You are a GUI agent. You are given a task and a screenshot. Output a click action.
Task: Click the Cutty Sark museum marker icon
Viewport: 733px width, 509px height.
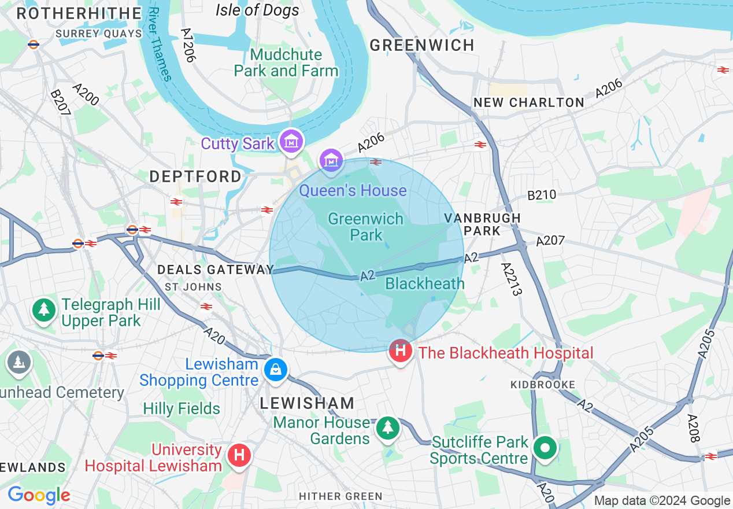tap(291, 141)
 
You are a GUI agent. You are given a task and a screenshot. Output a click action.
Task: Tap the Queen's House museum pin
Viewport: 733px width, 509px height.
tap(332, 160)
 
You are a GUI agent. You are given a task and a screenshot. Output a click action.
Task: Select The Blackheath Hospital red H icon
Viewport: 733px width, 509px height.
tap(400, 351)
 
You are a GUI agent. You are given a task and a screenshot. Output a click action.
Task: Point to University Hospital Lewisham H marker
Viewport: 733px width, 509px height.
tap(239, 455)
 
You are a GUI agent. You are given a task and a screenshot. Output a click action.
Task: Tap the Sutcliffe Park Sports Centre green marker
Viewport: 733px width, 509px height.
tap(545, 448)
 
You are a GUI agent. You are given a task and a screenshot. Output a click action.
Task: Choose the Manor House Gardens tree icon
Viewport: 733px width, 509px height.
tap(387, 429)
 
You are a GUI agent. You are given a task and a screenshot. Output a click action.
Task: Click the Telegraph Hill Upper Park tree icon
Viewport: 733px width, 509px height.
tap(44, 309)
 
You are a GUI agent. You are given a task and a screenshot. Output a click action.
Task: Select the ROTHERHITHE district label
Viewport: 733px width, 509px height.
tap(75, 13)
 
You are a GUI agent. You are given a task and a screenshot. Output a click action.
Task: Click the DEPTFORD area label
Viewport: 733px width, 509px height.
tap(195, 176)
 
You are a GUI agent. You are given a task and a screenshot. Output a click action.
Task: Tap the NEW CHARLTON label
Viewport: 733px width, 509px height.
tap(528, 102)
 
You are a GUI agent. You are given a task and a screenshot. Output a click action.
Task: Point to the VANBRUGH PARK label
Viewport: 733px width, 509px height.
tap(482, 224)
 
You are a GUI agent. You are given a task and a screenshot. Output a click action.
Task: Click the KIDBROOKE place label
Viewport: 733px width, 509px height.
tap(543, 385)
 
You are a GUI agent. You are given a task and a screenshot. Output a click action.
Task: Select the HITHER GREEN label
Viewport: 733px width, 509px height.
tap(340, 496)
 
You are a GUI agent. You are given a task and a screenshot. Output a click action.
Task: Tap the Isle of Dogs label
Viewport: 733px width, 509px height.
tap(257, 10)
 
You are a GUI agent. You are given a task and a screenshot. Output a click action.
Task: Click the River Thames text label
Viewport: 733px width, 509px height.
tap(160, 44)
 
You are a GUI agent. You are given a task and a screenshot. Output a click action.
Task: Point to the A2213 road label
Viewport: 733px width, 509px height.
tap(512, 279)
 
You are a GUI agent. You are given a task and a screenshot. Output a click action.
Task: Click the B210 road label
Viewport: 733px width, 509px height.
tap(541, 195)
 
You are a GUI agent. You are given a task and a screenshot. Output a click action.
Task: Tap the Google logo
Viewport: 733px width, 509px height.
tap(39, 495)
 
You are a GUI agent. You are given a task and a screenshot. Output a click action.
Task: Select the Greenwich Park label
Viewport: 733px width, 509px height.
tap(365, 227)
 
